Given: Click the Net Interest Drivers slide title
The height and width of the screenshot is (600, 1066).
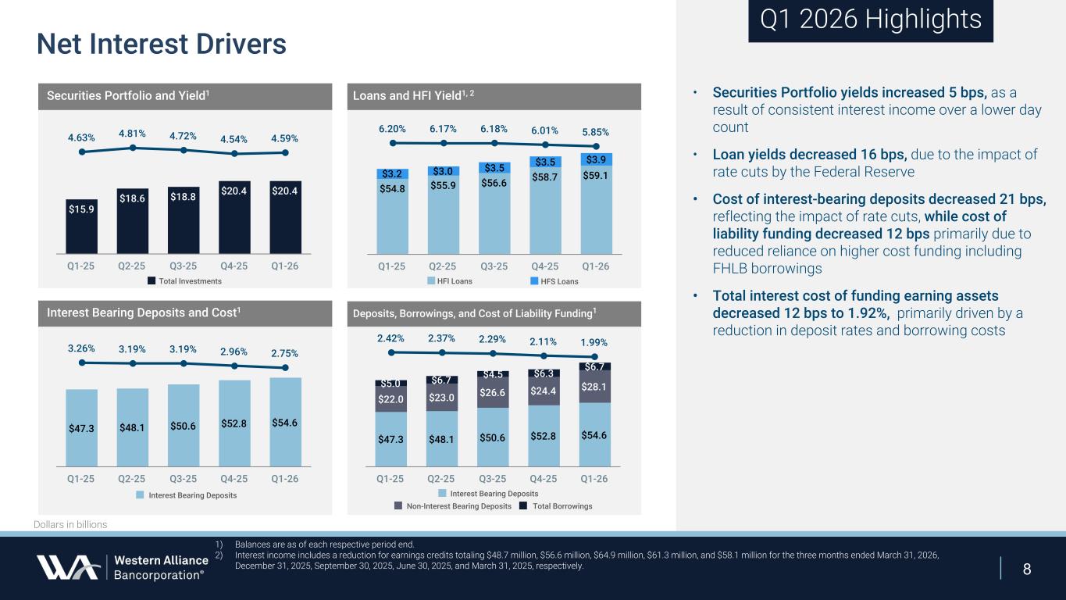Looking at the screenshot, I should click(162, 44).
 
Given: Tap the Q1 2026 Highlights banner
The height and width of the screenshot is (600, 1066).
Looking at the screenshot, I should click(870, 20).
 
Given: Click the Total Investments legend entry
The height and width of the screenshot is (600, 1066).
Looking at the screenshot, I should click(185, 281).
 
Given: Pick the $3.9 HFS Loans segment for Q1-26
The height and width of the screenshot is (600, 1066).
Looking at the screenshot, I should click(596, 159).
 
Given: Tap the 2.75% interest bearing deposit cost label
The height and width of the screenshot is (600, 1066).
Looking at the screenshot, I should click(285, 353).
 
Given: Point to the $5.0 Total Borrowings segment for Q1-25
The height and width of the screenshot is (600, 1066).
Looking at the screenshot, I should click(390, 383).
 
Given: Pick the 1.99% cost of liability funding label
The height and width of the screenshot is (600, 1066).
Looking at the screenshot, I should click(594, 342).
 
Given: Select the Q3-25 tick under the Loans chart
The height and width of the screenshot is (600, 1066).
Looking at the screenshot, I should click(494, 266).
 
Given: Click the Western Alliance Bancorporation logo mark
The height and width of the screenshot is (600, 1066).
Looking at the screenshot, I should click(67, 567).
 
